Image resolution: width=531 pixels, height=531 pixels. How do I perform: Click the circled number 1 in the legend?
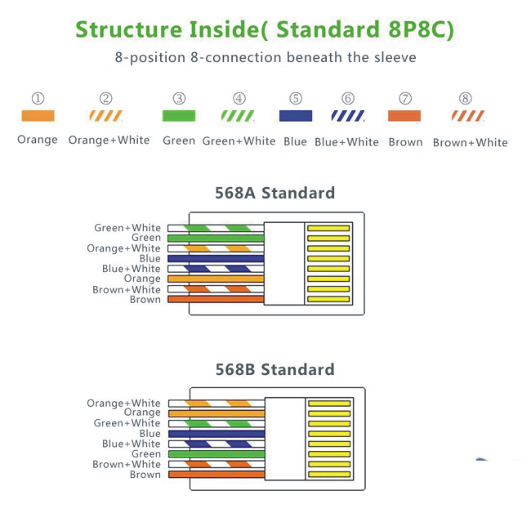pos(38,98)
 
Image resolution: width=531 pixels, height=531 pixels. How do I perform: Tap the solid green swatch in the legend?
pos(179,116)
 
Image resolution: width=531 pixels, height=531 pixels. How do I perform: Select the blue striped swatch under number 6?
pos(348,116)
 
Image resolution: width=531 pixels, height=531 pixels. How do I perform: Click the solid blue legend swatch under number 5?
pos(296,116)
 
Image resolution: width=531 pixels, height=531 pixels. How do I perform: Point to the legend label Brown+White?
pos(470,142)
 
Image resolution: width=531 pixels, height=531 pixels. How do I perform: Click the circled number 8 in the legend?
pos(465,98)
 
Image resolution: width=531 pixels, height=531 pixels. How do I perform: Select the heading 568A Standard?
pos(275,193)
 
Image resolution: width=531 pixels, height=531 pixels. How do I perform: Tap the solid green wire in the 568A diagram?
pos(216,238)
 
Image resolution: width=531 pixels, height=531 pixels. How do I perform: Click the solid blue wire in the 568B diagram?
pos(217,434)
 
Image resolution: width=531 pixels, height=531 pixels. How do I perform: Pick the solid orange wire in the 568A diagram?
pos(216,279)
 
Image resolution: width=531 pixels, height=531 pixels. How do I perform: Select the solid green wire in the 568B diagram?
pos(217,454)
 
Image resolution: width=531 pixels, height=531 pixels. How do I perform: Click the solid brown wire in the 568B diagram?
pos(217,474)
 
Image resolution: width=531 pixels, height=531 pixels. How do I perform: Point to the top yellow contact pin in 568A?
pos(328,228)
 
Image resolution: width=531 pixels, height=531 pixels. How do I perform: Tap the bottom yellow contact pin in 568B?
pos(329,474)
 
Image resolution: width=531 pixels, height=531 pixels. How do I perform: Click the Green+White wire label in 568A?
pos(127,228)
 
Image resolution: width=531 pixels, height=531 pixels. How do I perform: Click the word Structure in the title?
pos(129,29)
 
